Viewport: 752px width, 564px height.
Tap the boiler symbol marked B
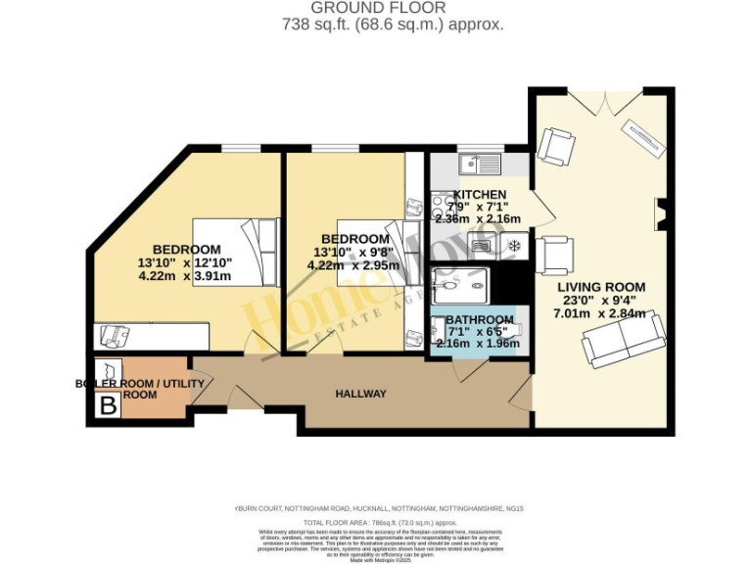tap(107, 403)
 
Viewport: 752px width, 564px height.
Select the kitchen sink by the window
tap(479, 163)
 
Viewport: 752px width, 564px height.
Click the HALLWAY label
tap(360, 394)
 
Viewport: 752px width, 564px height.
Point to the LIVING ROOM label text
tap(601, 287)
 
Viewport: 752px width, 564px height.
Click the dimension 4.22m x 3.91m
tap(186, 276)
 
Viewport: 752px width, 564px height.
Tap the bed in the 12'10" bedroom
tap(236, 250)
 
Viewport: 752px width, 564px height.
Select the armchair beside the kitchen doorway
tap(553, 256)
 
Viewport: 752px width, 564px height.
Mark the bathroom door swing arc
tap(468, 372)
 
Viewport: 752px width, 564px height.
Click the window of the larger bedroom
tap(241, 148)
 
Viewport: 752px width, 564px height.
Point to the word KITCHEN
tap(480, 195)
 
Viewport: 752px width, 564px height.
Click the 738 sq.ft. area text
tap(376, 24)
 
